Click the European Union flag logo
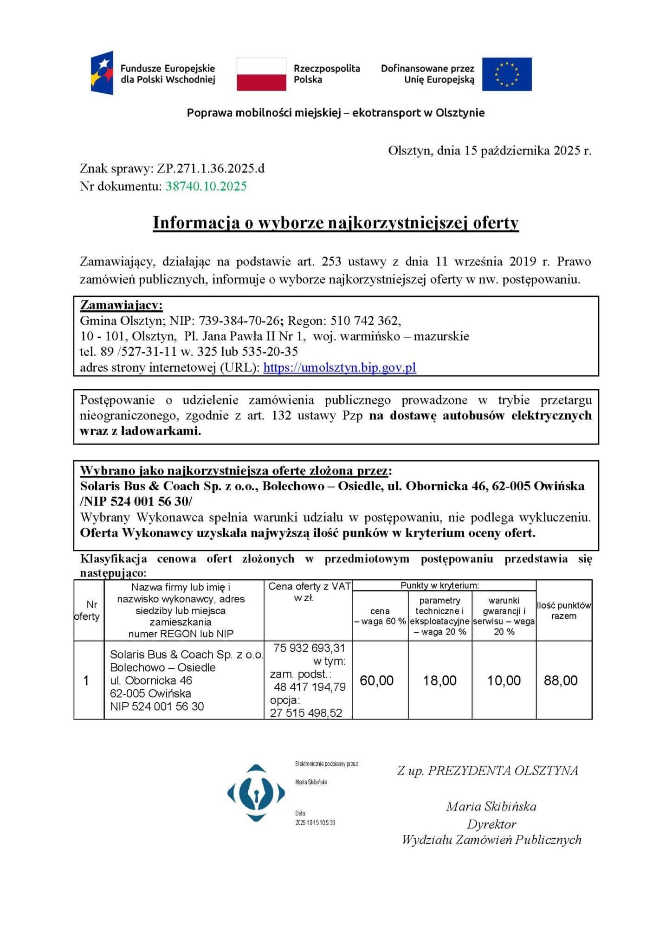tap(506, 74)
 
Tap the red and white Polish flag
tap(261, 74)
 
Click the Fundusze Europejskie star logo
tap(102, 73)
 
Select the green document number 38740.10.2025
tap(206, 186)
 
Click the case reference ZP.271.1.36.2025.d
tap(211, 168)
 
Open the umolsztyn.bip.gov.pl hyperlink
tap(339, 367)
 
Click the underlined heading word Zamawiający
tap(121, 305)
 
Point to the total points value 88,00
tap(561, 680)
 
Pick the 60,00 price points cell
tap(376, 680)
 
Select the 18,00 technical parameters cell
tap(439, 680)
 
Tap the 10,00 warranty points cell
tap(504, 680)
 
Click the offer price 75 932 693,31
tap(309, 648)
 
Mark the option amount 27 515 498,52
tap(306, 713)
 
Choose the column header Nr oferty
tap(88, 610)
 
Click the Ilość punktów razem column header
tap(564, 610)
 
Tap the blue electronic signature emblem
tap(256, 793)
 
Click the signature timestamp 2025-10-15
tap(315, 822)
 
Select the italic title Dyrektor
tap(491, 824)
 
